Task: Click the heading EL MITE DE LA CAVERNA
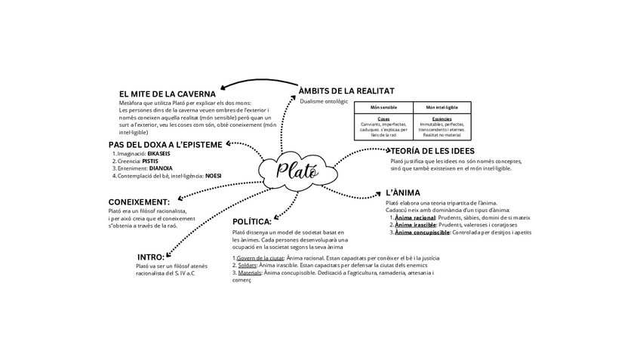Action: (x=168, y=94)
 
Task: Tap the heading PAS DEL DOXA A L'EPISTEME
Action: (x=165, y=144)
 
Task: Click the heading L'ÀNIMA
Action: (x=403, y=192)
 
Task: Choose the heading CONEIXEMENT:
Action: (x=139, y=202)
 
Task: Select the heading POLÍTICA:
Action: (x=252, y=221)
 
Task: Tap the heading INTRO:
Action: (x=151, y=257)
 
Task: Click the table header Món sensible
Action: (x=383, y=107)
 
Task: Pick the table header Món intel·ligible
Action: (x=442, y=107)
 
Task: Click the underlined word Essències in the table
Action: (x=442, y=118)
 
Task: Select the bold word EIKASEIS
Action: (x=158, y=153)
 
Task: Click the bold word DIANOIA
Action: (x=161, y=168)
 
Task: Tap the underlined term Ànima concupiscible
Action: (x=422, y=232)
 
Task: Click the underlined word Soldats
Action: (x=246, y=265)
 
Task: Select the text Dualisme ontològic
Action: (x=324, y=101)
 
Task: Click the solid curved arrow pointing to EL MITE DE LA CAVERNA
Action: (x=257, y=82)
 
